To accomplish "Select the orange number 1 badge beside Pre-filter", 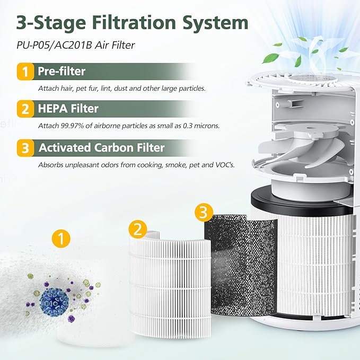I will click(x=23, y=71).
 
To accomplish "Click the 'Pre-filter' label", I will click(x=62, y=71).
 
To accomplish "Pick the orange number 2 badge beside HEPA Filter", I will click(x=23, y=109).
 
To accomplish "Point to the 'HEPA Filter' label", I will click(x=68, y=109).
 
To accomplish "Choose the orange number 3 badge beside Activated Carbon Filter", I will click(x=23, y=148).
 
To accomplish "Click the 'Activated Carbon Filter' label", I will click(x=102, y=148).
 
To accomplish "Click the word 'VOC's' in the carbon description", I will click(x=224, y=165).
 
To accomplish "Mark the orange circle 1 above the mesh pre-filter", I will click(x=62, y=239).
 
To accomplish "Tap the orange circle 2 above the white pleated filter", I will click(x=137, y=229).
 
